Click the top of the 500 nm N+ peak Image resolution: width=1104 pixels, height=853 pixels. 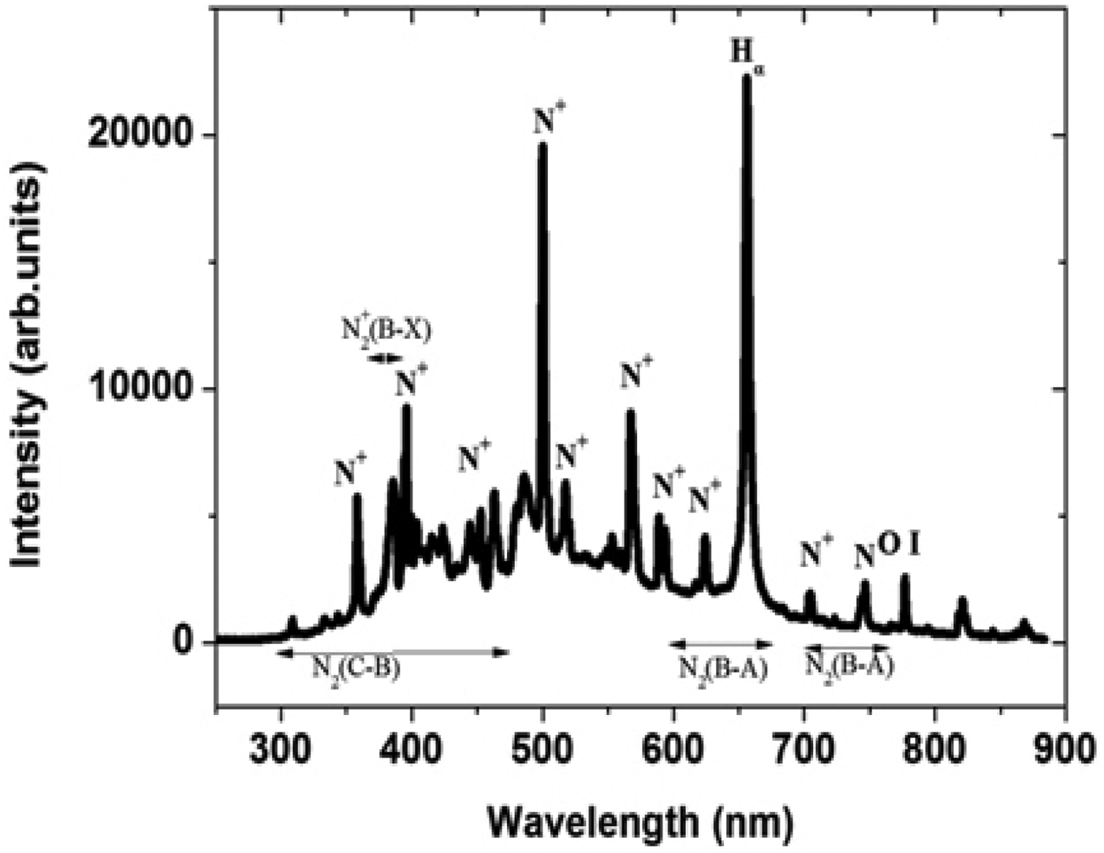click(543, 145)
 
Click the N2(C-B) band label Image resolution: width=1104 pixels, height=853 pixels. click(356, 669)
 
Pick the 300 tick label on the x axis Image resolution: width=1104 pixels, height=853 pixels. click(281, 744)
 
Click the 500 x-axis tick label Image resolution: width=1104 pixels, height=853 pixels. click(543, 744)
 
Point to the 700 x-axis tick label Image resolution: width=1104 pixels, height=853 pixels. click(804, 744)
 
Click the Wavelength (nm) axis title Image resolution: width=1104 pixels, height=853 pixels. click(640, 822)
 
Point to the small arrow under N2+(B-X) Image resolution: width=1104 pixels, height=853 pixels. click(386, 358)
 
